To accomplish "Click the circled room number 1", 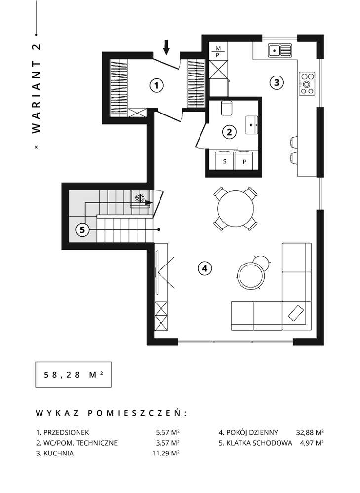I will [156, 86].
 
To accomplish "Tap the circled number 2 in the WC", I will [229, 132].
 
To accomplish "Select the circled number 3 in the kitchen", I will [277, 82].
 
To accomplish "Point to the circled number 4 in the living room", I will [204, 268].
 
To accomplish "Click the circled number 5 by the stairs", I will [83, 230].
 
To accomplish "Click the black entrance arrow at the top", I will [166, 47].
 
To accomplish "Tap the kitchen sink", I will [280, 50].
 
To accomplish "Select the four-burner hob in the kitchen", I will [308, 83].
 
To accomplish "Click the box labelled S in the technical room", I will [225, 160].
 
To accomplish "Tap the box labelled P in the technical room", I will [244, 160].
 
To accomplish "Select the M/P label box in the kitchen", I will [218, 51].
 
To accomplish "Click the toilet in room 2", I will [226, 108].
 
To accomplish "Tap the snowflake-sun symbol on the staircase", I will [140, 198].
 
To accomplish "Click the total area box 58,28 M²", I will [70, 375].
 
